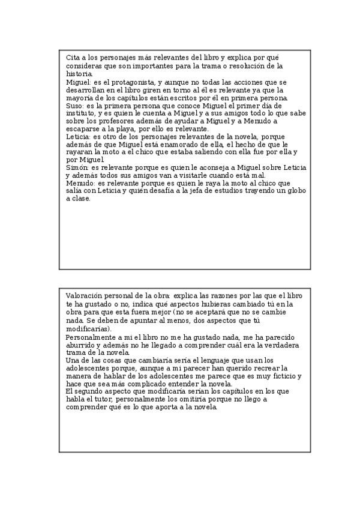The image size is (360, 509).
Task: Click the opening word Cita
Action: pos(73,57)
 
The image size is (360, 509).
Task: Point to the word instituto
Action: pos(80,112)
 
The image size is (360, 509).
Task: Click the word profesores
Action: pos(116,120)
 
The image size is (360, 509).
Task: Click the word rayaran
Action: pos(79,152)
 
